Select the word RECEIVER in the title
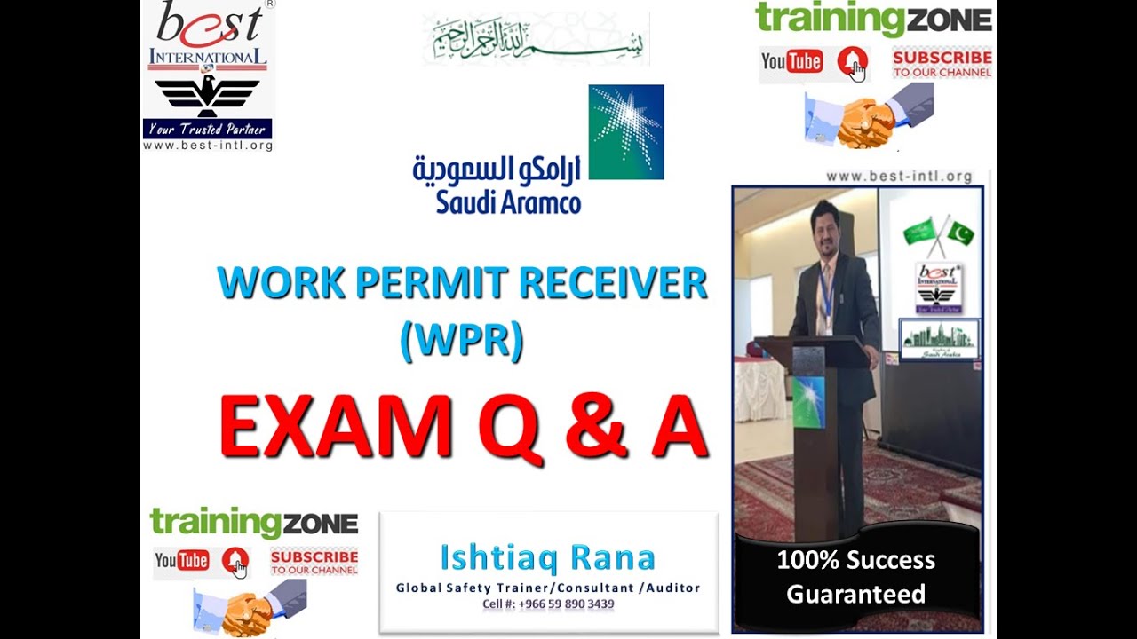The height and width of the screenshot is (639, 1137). point(613,283)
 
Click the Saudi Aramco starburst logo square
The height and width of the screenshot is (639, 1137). point(626,132)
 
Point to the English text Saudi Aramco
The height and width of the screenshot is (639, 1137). point(508,202)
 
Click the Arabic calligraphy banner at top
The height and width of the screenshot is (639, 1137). point(536,39)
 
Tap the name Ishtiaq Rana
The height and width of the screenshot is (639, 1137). point(547,558)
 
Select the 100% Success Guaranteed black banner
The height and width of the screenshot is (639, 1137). point(856,576)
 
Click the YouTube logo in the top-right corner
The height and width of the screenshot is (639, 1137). point(791,61)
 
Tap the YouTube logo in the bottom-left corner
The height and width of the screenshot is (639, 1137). point(182,560)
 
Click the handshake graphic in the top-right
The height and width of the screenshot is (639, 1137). point(869,117)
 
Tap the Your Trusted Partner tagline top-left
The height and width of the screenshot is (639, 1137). point(207,130)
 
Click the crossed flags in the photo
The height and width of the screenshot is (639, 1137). point(939,233)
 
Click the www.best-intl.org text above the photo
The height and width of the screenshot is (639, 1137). point(899,177)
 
